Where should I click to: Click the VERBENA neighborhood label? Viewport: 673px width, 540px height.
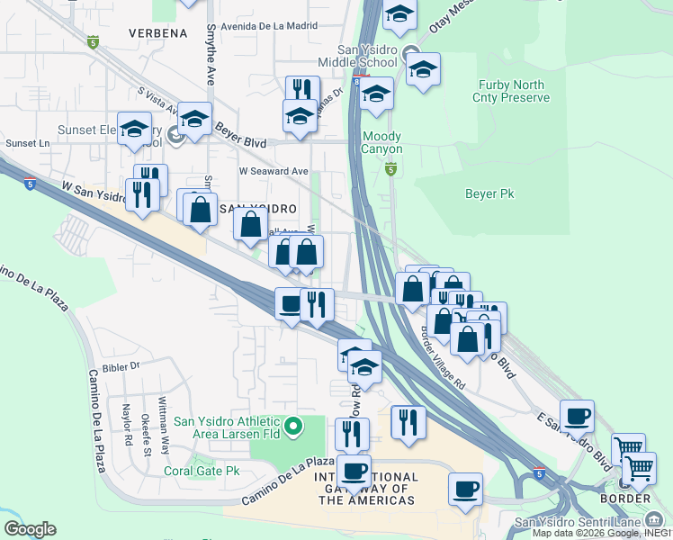click(163, 33)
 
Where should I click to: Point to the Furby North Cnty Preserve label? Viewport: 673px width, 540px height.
click(511, 91)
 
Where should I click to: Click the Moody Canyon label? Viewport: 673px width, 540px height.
click(381, 142)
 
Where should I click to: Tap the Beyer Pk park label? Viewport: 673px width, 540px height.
click(489, 193)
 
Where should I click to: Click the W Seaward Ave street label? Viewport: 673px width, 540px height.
click(274, 171)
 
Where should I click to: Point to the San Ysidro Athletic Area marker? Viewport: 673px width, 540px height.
click(293, 425)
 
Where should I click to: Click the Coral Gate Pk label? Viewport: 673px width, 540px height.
click(202, 471)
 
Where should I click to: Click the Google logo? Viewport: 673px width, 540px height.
click(30, 529)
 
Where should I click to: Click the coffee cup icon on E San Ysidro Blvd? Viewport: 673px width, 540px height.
click(577, 416)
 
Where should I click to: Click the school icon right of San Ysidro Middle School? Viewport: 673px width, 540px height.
click(422, 69)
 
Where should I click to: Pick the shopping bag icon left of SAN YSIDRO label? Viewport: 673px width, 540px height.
click(201, 208)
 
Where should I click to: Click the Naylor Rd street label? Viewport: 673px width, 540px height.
click(127, 421)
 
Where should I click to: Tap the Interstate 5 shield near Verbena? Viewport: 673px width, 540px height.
click(93, 42)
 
